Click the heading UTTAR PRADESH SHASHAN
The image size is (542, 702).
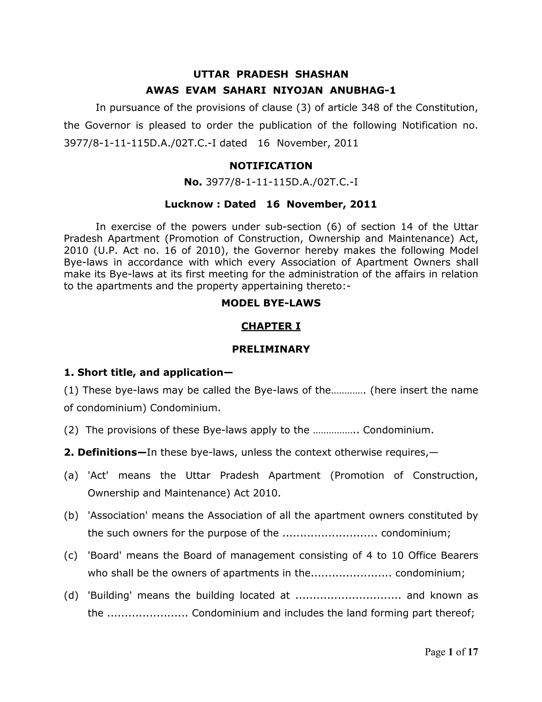pos(271,74)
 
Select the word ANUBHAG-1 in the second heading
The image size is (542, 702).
pos(363,91)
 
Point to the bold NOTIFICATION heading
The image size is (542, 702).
pos(271,166)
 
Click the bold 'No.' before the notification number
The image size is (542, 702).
pos(193,182)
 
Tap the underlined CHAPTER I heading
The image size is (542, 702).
pos(271,326)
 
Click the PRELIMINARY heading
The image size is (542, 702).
pos(271,349)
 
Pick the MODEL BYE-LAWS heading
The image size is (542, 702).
pos(271,303)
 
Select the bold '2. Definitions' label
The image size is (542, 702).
pos(105,452)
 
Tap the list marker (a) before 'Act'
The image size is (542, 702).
pos(71,476)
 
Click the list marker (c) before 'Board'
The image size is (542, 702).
pos(71,556)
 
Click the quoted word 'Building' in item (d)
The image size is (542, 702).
pos(110,596)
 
